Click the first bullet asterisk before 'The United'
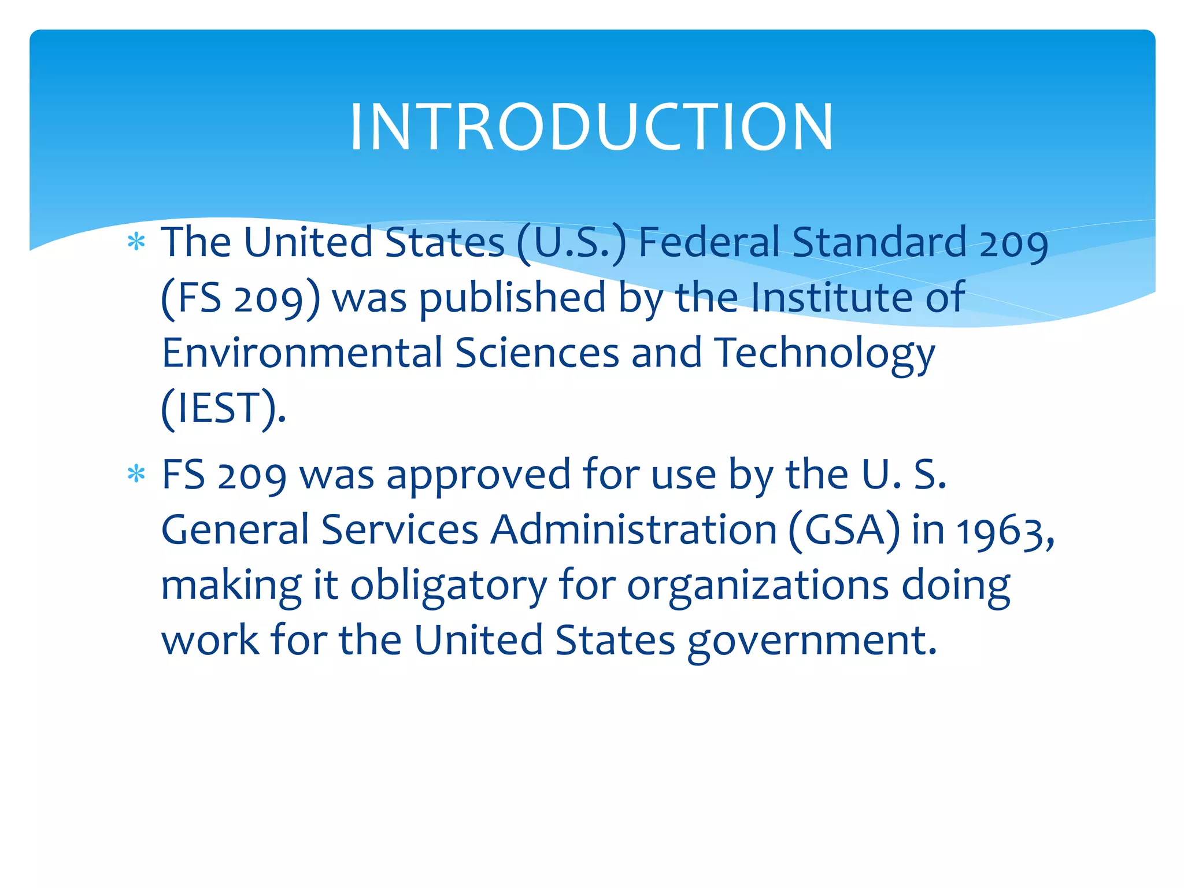(136, 242)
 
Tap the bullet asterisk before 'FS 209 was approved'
(136, 474)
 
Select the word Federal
(709, 242)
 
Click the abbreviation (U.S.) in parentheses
(571, 243)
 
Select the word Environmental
(302, 353)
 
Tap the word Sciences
(537, 353)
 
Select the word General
(235, 530)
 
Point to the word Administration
(634, 530)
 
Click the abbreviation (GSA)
(844, 530)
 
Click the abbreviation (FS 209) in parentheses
(240, 298)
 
